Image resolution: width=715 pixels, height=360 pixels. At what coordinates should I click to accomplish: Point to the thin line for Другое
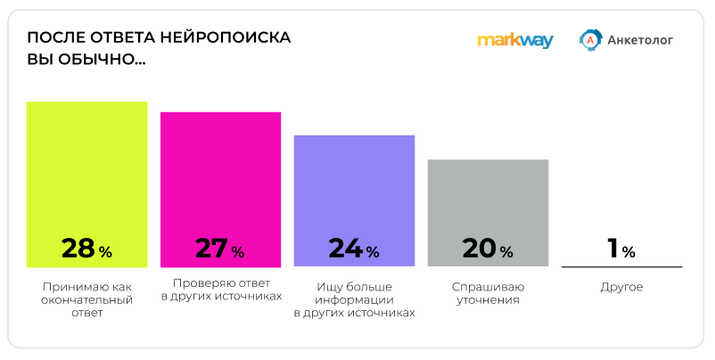tap(621, 266)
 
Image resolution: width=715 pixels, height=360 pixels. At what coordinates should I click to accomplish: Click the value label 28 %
tap(86, 250)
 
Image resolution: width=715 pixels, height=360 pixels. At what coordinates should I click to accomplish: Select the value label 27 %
tap(220, 250)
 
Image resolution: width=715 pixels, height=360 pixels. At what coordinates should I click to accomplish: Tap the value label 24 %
tap(354, 250)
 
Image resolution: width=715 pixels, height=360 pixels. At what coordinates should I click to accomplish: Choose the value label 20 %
tap(488, 250)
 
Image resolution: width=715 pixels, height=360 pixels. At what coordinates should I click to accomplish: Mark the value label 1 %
tap(621, 250)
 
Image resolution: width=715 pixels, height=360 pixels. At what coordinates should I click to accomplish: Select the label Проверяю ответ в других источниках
tap(221, 289)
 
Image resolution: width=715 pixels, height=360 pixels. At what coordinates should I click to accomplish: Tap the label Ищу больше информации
tap(354, 300)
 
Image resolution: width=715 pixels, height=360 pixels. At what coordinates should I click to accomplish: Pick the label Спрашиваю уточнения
tap(488, 294)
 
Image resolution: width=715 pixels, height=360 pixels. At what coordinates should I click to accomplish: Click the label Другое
tap(621, 287)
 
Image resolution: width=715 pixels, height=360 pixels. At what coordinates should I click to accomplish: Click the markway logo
tap(515, 40)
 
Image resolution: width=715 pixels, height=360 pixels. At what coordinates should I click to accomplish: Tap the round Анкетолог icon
tap(589, 39)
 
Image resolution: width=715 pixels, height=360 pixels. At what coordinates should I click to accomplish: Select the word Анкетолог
tap(639, 39)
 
